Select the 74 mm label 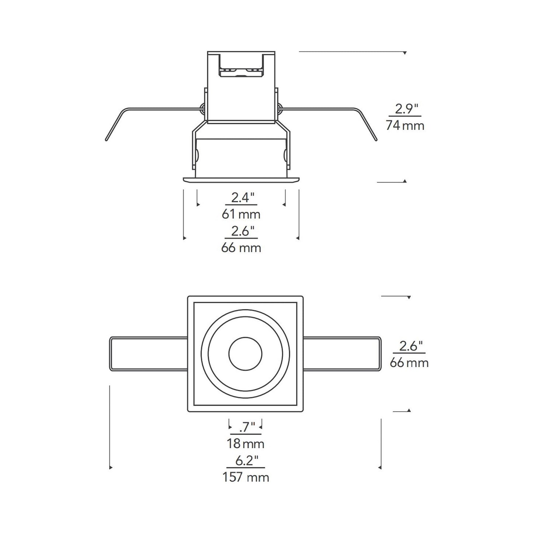[405, 126]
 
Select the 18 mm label [245, 443]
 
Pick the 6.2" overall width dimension [245, 461]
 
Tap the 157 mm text [245, 477]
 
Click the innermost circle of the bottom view [245, 354]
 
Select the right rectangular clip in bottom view [342, 354]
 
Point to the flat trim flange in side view [241, 179]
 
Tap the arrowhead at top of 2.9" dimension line [405, 53]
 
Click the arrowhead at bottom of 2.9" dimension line [405, 181]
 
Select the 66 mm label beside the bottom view [409, 363]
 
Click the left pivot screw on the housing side [202, 108]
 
